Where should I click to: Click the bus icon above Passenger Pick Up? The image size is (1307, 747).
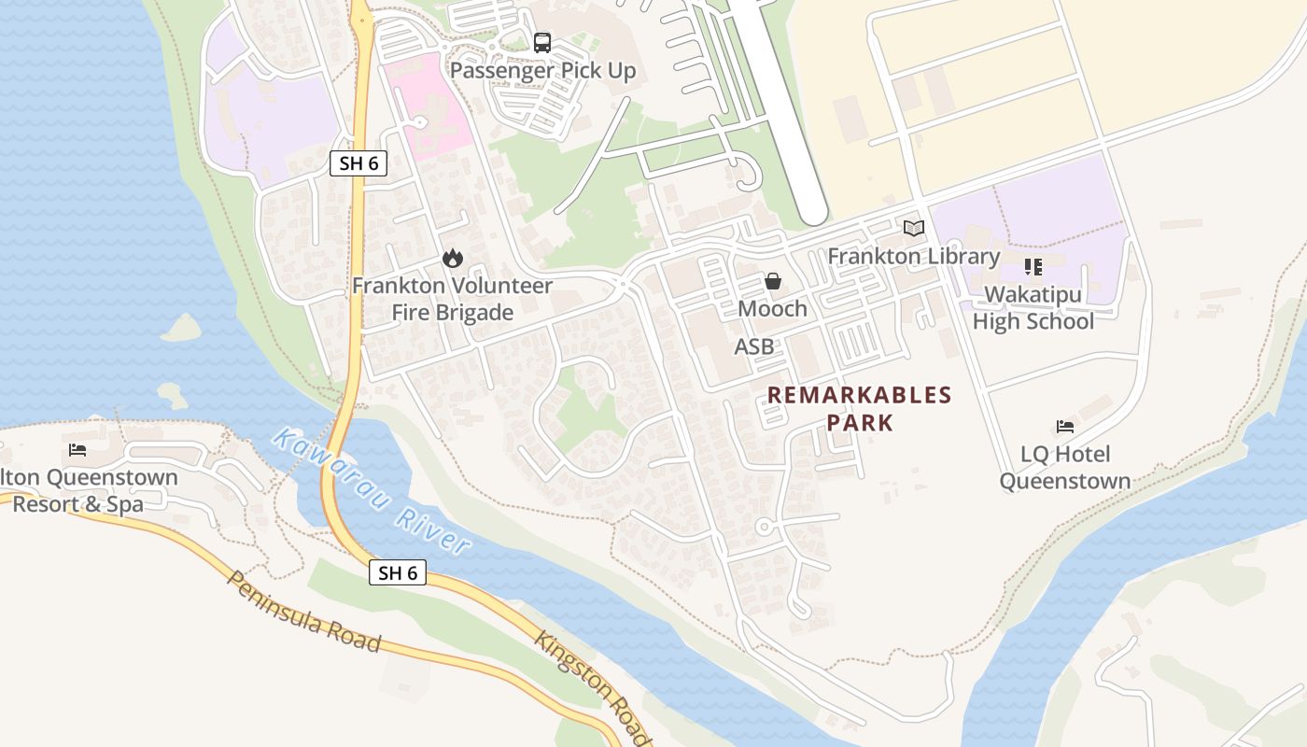(x=542, y=42)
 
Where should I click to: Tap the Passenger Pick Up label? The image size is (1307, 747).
(x=542, y=71)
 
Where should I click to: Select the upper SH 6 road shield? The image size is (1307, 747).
(x=358, y=163)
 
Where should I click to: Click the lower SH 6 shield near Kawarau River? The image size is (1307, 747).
(x=398, y=572)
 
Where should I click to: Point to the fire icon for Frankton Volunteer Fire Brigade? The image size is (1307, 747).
(x=453, y=258)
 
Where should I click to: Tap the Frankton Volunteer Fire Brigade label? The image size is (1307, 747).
(x=453, y=299)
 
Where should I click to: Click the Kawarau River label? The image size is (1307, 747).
(x=372, y=491)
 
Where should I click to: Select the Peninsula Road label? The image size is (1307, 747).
(x=304, y=611)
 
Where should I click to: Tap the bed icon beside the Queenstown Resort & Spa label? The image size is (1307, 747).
(x=77, y=450)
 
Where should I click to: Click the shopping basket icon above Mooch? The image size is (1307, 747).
(x=773, y=280)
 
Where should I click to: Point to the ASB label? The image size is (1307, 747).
(x=754, y=346)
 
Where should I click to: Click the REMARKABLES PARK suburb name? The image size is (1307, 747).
(x=859, y=409)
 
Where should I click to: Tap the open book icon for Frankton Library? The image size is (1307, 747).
(x=913, y=228)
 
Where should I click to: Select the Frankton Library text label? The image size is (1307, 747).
(x=913, y=256)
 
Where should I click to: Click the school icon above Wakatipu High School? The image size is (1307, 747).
(x=1033, y=267)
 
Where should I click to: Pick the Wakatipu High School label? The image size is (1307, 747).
(x=1033, y=308)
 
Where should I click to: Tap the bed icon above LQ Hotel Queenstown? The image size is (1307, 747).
(x=1065, y=427)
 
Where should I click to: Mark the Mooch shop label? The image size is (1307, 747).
(x=773, y=308)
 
